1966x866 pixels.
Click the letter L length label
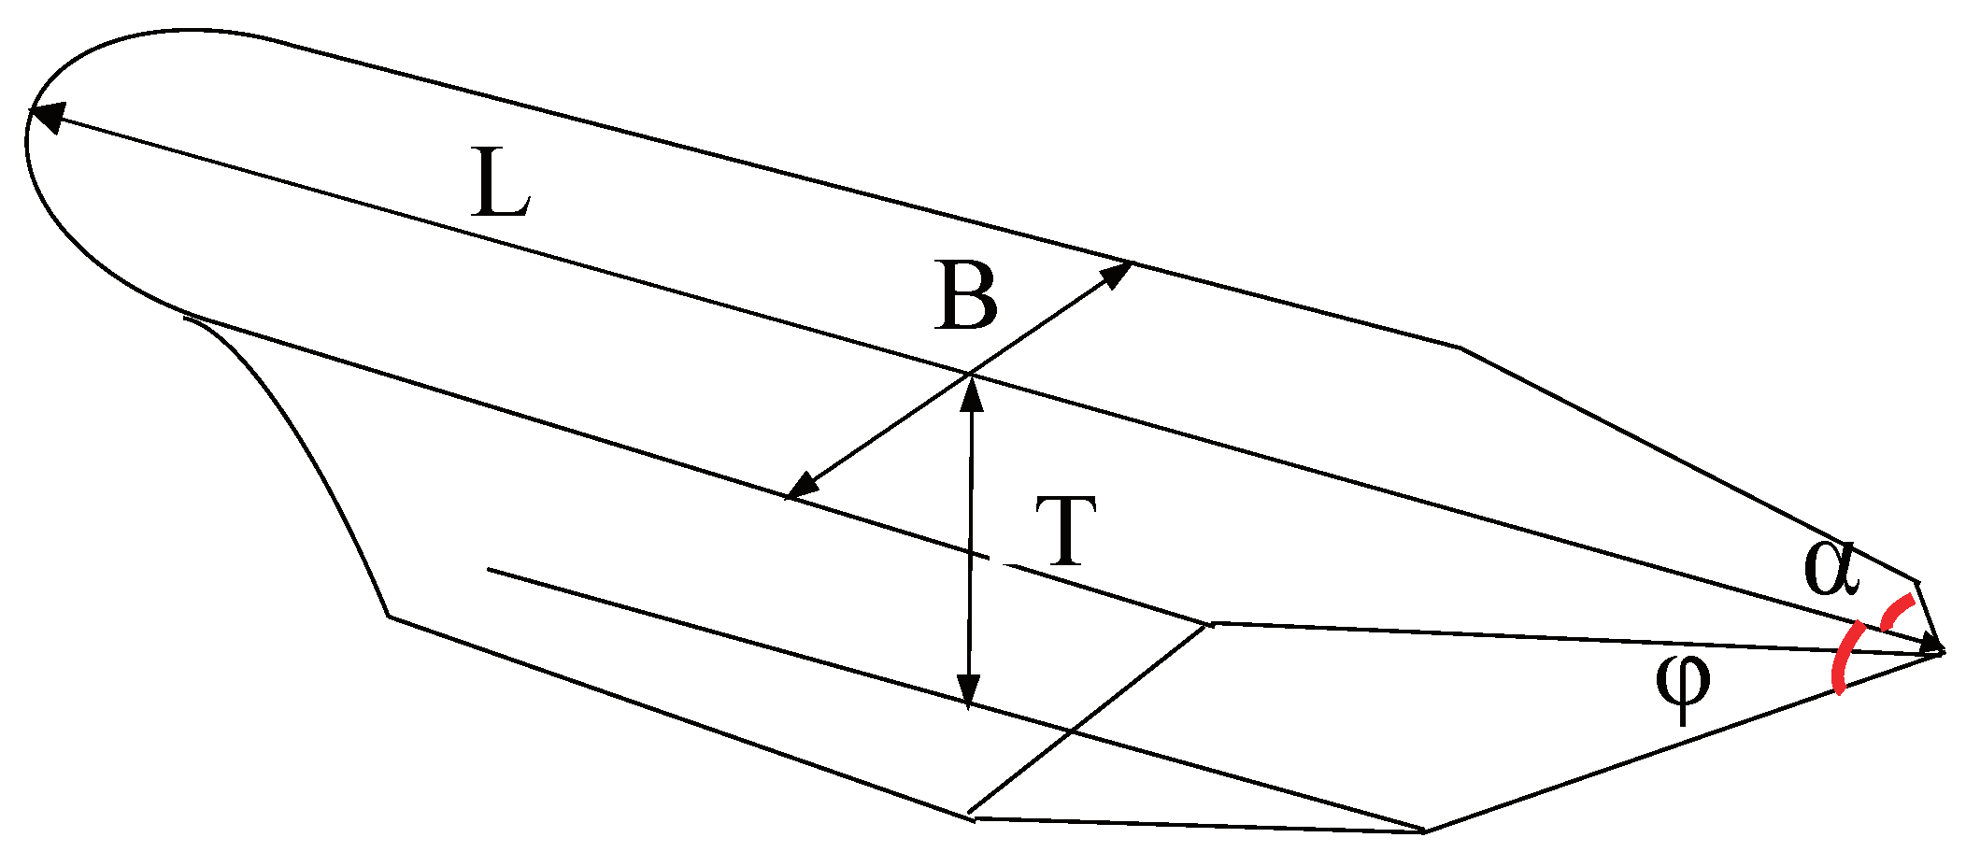point(502,184)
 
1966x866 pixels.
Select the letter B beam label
point(965,298)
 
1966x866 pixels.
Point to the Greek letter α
point(1831,570)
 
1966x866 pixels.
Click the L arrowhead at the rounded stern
point(47,117)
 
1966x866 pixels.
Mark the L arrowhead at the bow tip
point(1929,644)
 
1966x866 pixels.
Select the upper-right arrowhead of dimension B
point(1117,274)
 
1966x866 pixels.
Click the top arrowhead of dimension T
point(972,394)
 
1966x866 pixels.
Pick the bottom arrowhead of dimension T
point(969,689)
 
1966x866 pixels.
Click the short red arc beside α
point(1897,612)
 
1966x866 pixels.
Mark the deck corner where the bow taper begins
point(1460,348)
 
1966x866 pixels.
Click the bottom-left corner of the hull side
point(389,616)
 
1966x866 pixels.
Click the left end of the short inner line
point(489,569)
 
